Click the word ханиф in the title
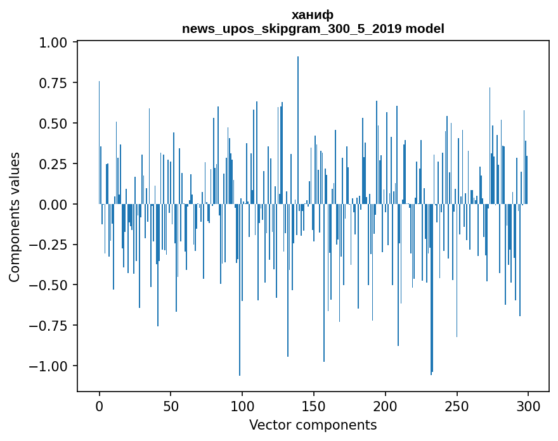click(313, 15)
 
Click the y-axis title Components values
click(15, 217)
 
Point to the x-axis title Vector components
click(313, 425)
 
